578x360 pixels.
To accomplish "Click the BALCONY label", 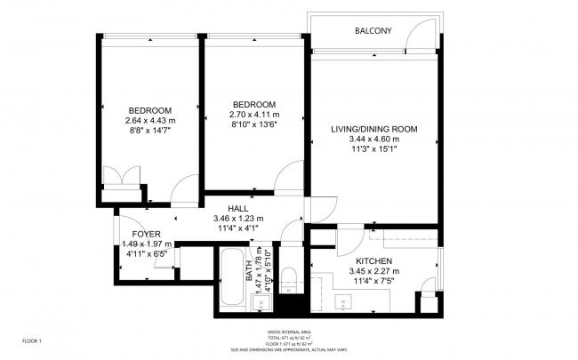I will [x=373, y=31].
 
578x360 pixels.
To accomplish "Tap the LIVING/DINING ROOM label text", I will [x=373, y=130].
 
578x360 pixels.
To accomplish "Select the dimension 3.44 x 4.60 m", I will [x=373, y=140].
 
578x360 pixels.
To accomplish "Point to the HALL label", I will [x=237, y=208].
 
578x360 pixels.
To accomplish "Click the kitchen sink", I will [x=344, y=301].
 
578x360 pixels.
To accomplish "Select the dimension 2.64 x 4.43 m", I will [x=149, y=121].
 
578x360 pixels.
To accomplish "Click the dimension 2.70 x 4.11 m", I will [x=254, y=115].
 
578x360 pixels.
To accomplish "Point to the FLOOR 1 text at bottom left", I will [x=32, y=340].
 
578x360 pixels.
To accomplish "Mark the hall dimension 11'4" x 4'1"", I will [x=237, y=228].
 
